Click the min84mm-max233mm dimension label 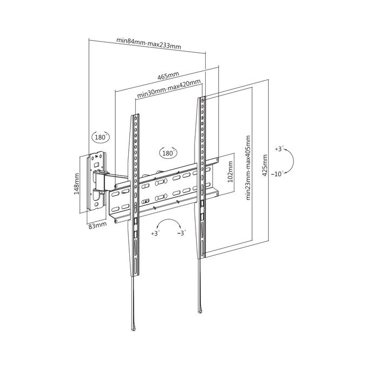coord(149,43)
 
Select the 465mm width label coord(168,75)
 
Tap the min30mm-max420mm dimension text coord(169,88)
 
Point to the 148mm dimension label coord(76,184)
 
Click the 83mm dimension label coord(97,225)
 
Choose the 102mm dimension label coord(230,171)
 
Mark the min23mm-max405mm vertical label coord(248,168)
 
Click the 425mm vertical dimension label coord(264,165)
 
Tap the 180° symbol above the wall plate coord(101,137)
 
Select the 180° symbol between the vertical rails coord(168,153)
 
